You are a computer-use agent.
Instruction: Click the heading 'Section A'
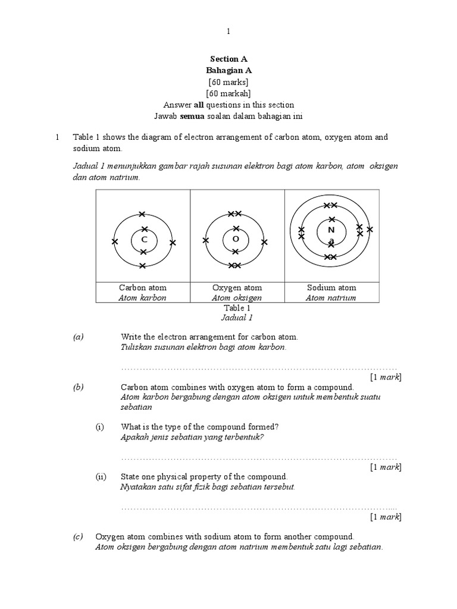tap(228, 59)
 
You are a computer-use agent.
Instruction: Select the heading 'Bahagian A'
tap(228, 70)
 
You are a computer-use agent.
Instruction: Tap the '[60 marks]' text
tap(228, 81)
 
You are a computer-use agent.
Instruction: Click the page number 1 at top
tap(228, 31)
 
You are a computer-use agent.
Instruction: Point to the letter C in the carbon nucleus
tap(143, 240)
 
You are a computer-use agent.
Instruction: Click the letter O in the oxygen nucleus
tap(236, 239)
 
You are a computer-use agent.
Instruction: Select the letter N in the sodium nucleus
tap(331, 230)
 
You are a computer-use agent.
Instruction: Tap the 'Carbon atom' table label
tap(143, 288)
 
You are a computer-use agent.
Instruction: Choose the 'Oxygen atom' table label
tap(237, 288)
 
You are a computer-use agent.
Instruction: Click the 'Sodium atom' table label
tap(331, 288)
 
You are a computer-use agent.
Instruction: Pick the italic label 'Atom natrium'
tap(331, 298)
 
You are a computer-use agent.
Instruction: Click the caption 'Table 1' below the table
tap(237, 308)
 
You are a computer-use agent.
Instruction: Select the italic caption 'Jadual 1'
tap(237, 318)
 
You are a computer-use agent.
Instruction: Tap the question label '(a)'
tap(79, 337)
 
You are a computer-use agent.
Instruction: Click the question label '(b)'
tap(79, 387)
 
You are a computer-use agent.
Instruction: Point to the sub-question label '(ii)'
tap(101, 477)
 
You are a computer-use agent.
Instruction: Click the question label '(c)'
tap(79, 536)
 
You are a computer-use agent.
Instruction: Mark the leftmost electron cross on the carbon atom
tap(115, 241)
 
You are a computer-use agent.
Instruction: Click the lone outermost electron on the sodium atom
tap(370, 229)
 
